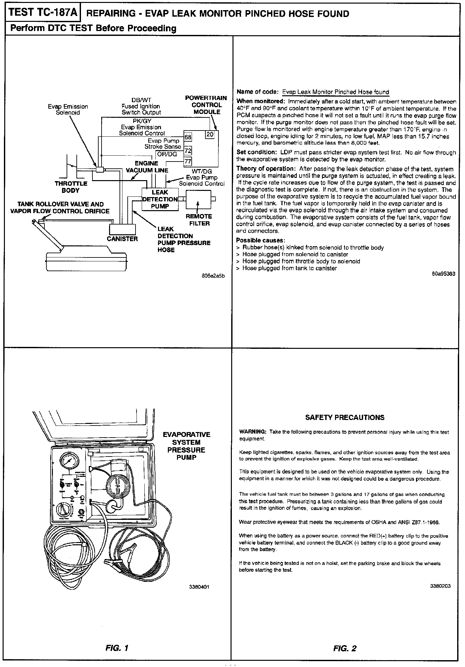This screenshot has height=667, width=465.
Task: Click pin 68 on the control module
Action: (x=188, y=137)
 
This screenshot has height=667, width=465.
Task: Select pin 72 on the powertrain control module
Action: (x=188, y=150)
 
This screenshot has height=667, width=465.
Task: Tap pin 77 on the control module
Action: (x=188, y=161)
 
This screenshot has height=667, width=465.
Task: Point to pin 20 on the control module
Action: (x=210, y=134)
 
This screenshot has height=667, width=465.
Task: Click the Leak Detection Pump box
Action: (x=160, y=199)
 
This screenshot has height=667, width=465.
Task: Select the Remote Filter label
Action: (x=199, y=220)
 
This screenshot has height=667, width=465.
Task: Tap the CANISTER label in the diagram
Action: (x=122, y=239)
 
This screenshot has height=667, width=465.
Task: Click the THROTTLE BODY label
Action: (x=71, y=187)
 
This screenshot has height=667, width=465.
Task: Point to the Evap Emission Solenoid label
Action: (x=68, y=110)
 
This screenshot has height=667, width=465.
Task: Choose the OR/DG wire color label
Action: (x=167, y=154)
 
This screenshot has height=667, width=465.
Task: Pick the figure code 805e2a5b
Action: (x=214, y=276)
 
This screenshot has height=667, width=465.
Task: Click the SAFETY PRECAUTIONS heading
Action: (x=345, y=417)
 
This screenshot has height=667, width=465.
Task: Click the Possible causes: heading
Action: (x=260, y=240)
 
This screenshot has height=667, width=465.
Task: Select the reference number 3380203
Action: (x=440, y=586)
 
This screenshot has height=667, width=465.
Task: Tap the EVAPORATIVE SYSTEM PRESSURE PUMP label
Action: (x=186, y=446)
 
